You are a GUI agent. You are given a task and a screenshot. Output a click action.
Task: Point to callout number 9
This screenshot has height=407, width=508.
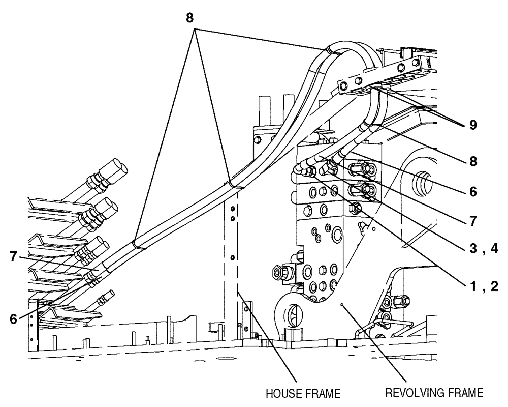pyautogui.click(x=473, y=125)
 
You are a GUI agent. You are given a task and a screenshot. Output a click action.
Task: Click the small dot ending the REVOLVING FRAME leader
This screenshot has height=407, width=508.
pyautogui.click(x=343, y=305)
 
